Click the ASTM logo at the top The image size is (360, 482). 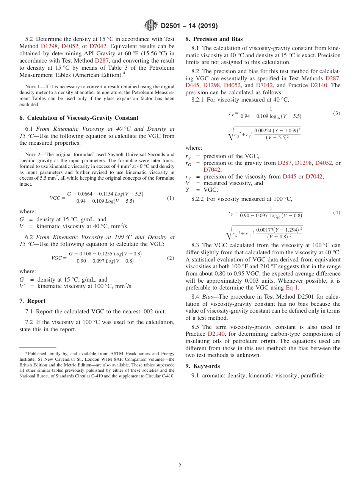pos(151,26)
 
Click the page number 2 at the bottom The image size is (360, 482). pos(180,465)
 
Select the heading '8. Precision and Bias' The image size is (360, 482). pos(214,39)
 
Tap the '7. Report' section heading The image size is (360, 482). pos(32,301)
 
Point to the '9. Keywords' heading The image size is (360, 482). pos(202,366)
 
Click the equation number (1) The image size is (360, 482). pos(171,198)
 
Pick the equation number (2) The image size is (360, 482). pos(171,258)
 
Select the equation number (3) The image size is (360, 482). pos(337,113)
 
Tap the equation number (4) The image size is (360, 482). pos(337,213)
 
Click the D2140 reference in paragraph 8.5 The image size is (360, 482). pos(216,334)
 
